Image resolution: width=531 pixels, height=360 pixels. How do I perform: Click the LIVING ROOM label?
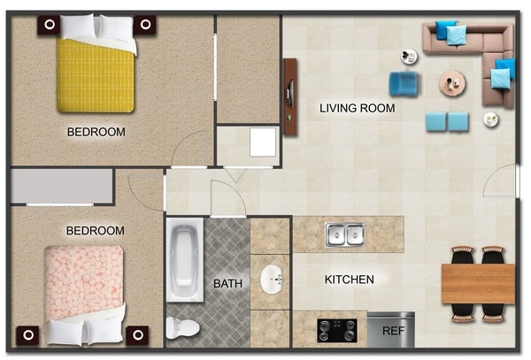point(358,108)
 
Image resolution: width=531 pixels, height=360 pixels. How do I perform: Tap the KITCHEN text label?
point(350,280)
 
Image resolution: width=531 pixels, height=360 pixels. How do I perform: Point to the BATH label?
point(228,284)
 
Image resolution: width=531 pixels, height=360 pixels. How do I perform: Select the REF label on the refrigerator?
point(393,331)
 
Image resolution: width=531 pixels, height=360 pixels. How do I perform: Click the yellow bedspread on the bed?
point(96,76)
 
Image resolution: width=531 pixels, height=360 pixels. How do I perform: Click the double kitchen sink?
point(345,234)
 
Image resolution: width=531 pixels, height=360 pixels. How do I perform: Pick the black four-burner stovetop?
point(337,330)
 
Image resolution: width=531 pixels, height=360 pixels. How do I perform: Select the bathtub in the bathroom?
point(185,260)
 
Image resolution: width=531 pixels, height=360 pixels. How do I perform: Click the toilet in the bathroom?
point(182,327)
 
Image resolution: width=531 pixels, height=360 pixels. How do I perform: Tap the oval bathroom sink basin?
point(271,280)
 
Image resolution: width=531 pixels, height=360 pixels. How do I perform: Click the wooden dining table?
point(478,284)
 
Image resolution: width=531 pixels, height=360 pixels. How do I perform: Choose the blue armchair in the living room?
point(403,83)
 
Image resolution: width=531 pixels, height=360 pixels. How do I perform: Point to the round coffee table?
point(452,83)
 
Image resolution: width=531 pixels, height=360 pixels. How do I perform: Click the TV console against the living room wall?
point(290,96)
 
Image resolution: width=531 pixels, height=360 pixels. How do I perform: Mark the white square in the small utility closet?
point(263,142)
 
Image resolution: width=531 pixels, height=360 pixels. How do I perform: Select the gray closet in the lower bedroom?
point(62,186)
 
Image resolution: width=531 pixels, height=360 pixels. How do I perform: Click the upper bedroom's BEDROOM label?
point(96,132)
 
